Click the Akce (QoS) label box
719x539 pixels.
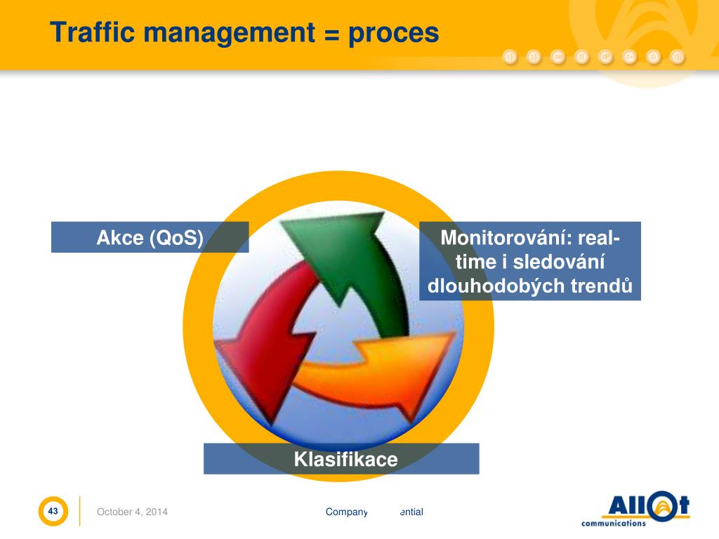(x=150, y=237)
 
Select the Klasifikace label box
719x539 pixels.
(x=342, y=459)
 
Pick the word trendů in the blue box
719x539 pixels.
(x=602, y=286)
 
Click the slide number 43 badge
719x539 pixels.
(x=53, y=512)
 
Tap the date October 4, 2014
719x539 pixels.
(x=132, y=512)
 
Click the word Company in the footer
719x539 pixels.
(x=346, y=512)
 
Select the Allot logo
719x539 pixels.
(x=645, y=506)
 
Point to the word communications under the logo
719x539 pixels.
(x=613, y=523)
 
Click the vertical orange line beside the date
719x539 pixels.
(x=79, y=511)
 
